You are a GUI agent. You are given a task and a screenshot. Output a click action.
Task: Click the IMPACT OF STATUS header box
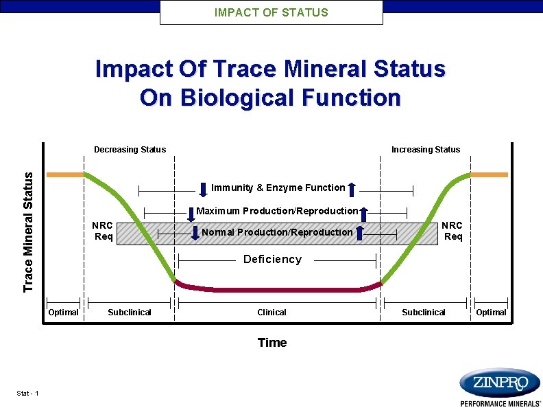[271, 12]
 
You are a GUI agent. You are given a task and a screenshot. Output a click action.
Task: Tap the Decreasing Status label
[130, 149]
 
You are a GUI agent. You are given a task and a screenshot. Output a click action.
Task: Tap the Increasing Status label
[425, 149]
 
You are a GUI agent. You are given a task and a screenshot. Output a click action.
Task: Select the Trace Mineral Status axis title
[28, 231]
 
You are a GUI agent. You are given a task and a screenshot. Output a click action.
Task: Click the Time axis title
[271, 343]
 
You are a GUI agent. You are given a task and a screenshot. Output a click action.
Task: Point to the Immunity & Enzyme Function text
[278, 188]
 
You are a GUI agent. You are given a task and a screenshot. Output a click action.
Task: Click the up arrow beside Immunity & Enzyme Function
[352, 189]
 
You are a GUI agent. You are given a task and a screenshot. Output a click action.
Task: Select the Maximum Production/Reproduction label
[277, 211]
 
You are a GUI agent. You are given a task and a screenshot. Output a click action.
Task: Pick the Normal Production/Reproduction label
[277, 232]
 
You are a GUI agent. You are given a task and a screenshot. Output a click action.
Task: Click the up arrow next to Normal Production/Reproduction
[359, 233]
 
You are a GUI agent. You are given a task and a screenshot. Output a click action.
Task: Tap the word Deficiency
[272, 259]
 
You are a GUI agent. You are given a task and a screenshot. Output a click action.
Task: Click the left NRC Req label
[103, 231]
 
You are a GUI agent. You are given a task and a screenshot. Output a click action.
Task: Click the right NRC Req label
[452, 231]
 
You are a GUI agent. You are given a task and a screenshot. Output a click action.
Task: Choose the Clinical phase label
[271, 312]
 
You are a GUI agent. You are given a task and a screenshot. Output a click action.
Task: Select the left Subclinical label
[130, 312]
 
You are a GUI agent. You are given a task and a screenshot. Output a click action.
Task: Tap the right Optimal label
[491, 312]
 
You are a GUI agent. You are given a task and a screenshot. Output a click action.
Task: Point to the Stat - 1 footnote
[27, 393]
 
